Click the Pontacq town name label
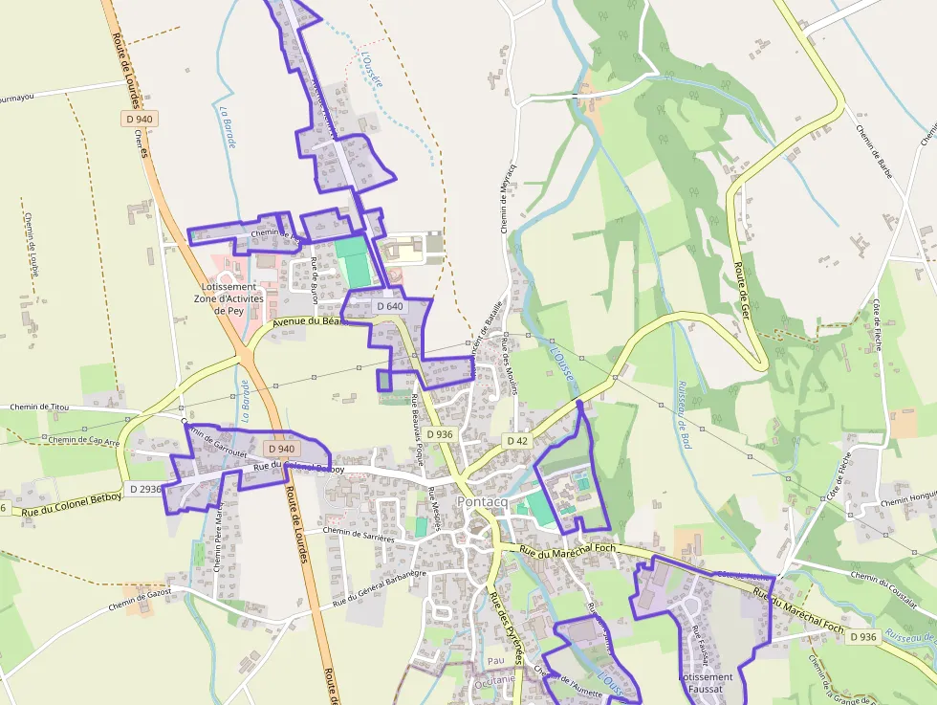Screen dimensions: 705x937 click(488, 502)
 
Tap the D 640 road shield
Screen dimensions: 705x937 click(389, 306)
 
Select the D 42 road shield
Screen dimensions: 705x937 click(517, 441)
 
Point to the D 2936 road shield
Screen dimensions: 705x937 click(144, 489)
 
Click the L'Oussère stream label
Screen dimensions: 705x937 click(371, 69)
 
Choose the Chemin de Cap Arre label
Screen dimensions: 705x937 click(84, 441)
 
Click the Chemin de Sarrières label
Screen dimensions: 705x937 click(359, 534)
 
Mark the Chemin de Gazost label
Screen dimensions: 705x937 click(140, 600)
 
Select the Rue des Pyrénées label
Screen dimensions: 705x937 click(507, 628)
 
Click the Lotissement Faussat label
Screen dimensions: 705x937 click(706, 682)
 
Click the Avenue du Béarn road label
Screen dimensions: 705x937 click(306, 323)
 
